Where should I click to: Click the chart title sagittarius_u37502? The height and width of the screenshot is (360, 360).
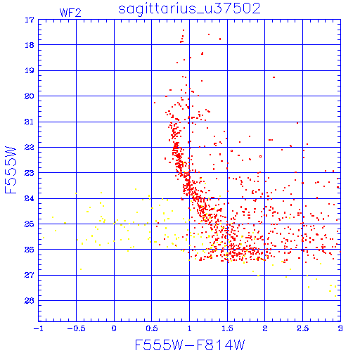(189, 9)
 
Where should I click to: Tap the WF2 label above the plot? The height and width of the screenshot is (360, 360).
(70, 13)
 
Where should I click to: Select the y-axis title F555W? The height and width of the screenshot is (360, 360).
(11, 170)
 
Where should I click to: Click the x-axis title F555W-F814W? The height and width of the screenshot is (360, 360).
(190, 345)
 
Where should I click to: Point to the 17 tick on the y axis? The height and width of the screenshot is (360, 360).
(30, 20)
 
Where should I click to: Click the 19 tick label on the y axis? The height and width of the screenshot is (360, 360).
(30, 70)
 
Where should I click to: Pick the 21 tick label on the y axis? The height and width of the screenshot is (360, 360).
(30, 122)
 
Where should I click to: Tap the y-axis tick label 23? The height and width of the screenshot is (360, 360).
(30, 173)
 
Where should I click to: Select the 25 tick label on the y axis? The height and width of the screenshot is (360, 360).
(30, 224)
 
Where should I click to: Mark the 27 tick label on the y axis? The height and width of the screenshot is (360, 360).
(30, 275)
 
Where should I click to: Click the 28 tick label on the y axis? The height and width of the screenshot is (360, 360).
(30, 300)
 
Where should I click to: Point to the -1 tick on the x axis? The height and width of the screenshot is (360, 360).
(38, 328)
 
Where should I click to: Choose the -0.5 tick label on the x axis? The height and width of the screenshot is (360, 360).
(76, 328)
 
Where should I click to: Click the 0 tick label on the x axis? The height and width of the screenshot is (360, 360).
(114, 328)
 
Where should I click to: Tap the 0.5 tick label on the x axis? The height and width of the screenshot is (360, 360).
(152, 328)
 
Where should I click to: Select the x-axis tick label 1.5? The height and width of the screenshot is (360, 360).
(227, 328)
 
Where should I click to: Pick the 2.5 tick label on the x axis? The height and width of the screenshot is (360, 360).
(302, 328)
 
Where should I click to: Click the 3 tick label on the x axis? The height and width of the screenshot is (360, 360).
(340, 328)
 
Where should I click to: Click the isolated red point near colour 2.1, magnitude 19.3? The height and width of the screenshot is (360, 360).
(274, 77)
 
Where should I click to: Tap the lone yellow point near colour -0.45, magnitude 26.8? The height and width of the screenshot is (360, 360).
(81, 269)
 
